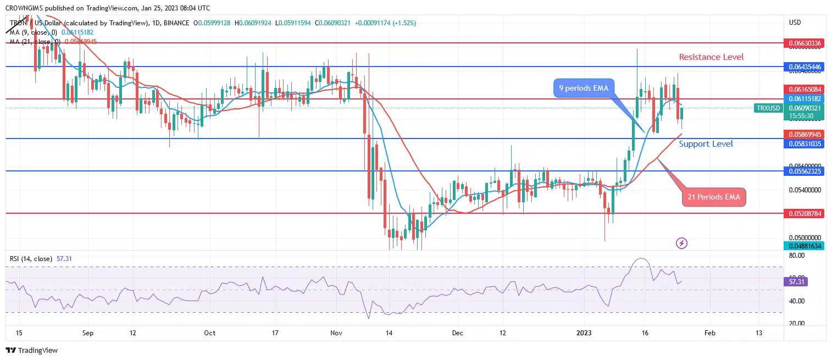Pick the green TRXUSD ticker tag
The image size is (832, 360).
click(768, 108)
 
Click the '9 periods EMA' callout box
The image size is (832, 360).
click(584, 87)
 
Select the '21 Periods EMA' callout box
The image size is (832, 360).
click(714, 197)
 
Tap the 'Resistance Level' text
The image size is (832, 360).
click(711, 57)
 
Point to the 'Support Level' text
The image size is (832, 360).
click(706, 144)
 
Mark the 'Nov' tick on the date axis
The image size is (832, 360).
click(337, 333)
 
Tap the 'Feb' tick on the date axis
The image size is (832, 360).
click(709, 333)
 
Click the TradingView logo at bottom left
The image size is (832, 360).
click(32, 350)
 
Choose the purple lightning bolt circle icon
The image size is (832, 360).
click(681, 242)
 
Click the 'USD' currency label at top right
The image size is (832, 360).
click(795, 23)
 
